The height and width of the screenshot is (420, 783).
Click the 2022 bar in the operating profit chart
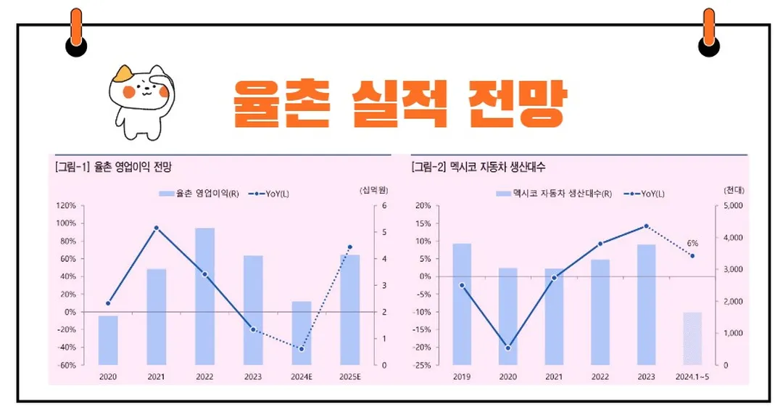coord(204,296)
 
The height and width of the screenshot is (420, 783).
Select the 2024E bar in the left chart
coord(301,333)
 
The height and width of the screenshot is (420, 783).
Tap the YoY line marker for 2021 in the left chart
coord(156,228)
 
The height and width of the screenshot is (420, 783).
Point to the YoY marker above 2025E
coord(349,247)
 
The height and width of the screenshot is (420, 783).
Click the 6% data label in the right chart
coord(692,243)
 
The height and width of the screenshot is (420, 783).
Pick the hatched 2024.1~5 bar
coord(692,339)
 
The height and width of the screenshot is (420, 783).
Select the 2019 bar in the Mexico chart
coord(462,304)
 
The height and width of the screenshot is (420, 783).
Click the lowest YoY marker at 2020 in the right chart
coord(507,348)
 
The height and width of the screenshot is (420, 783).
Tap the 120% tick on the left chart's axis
coord(66,206)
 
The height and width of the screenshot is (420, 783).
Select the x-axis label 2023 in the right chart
coord(646,377)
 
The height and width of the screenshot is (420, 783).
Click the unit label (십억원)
coord(374,190)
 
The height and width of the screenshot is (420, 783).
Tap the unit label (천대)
coord(734,190)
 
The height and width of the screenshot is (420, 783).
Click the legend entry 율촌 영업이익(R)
coord(199,194)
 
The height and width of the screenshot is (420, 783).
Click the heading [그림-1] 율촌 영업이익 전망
coord(113,167)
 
